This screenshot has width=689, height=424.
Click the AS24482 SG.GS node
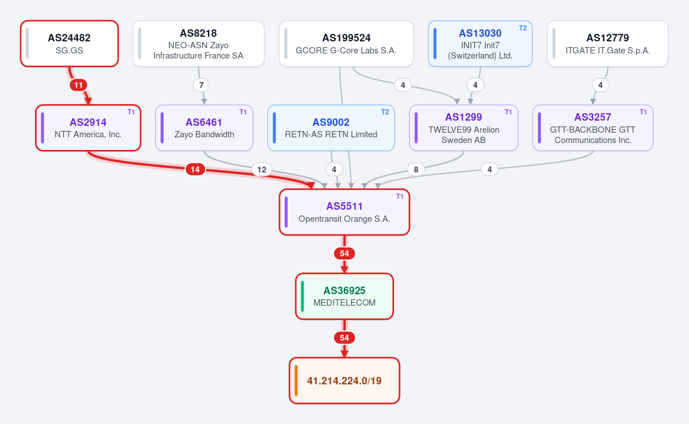coord(69,44)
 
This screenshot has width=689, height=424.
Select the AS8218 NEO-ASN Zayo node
coord(199,44)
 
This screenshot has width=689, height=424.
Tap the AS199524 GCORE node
coord(346,44)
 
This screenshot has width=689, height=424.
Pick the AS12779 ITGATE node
coord(608,44)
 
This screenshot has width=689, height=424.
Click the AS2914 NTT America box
coord(88,128)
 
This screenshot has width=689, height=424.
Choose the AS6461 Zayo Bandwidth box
coord(204,128)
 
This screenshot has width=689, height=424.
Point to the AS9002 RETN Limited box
coord(331,128)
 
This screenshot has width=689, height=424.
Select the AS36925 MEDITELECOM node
coord(344,296)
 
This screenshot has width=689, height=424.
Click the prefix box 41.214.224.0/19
coord(344,380)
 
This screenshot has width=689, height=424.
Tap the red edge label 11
coord(79,85)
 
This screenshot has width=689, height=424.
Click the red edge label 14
coord(195,169)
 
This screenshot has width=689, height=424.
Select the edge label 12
coord(262,169)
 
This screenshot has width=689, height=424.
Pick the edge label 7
coord(202,85)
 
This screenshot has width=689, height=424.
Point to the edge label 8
coord(416,169)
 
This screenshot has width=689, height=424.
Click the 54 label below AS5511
coord(344,253)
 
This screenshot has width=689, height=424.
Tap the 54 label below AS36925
coord(344,338)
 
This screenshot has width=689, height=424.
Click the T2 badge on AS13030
coord(523,28)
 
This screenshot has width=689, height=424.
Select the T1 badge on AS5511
coord(400,196)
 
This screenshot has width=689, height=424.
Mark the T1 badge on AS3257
coord(643,112)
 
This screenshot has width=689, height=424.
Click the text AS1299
coord(463,117)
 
